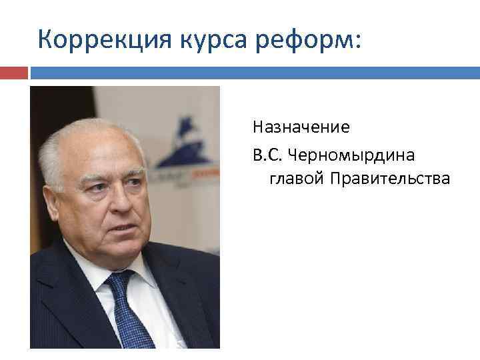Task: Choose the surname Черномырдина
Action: pyautogui.click(x=353, y=155)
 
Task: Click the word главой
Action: pyautogui.click(x=294, y=179)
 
